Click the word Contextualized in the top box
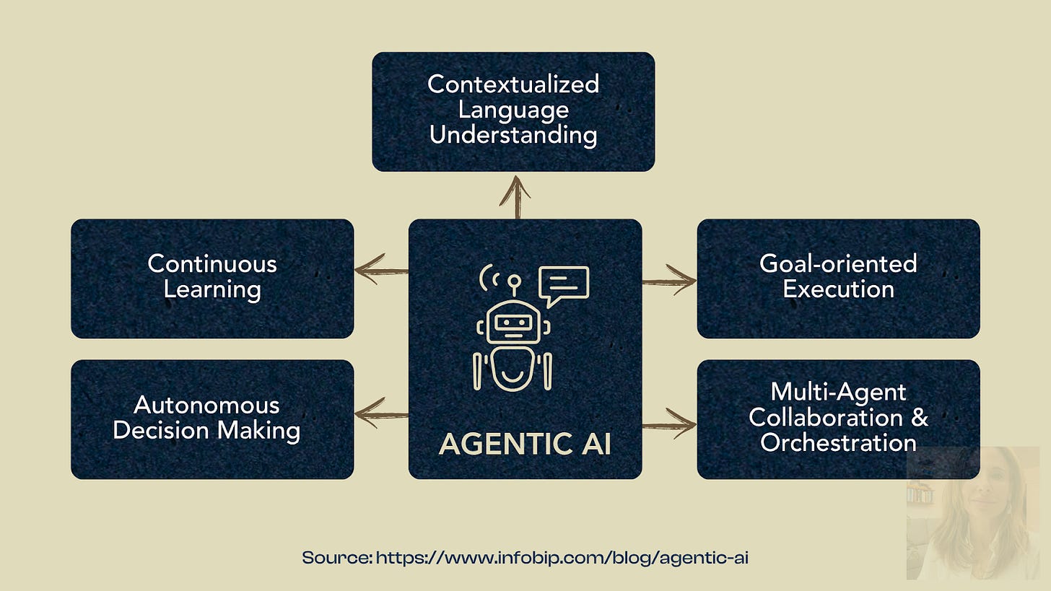(x=513, y=84)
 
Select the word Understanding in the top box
(x=513, y=135)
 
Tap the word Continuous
(x=212, y=264)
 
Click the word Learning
(x=212, y=290)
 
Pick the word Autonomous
(x=206, y=404)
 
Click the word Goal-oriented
(x=838, y=263)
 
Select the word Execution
(x=838, y=290)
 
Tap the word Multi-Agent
(x=838, y=392)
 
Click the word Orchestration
(x=838, y=442)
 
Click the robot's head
(x=513, y=322)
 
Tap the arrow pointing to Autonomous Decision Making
(x=380, y=413)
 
